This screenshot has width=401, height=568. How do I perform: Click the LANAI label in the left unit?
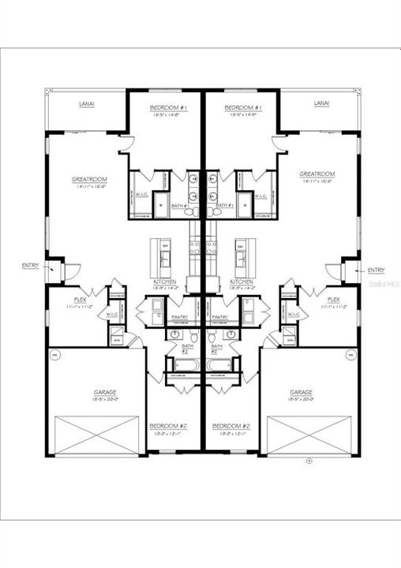tap(88, 103)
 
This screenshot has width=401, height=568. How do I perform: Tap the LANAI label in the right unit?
tap(320, 103)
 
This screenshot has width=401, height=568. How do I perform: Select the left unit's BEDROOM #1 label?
tap(167, 107)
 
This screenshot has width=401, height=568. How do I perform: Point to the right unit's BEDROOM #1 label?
tap(242, 107)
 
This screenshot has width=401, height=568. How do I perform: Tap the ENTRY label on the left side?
tap(30, 266)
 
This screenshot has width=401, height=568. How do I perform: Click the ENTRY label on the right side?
tap(377, 271)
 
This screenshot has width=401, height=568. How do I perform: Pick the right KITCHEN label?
tap(242, 282)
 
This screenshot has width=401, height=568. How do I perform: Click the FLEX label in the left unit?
tap(80, 300)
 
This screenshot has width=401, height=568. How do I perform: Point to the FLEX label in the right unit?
tap(333, 300)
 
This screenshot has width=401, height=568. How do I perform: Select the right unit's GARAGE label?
tap(301, 392)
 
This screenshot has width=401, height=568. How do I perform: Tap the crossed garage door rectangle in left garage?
tap(96, 435)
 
